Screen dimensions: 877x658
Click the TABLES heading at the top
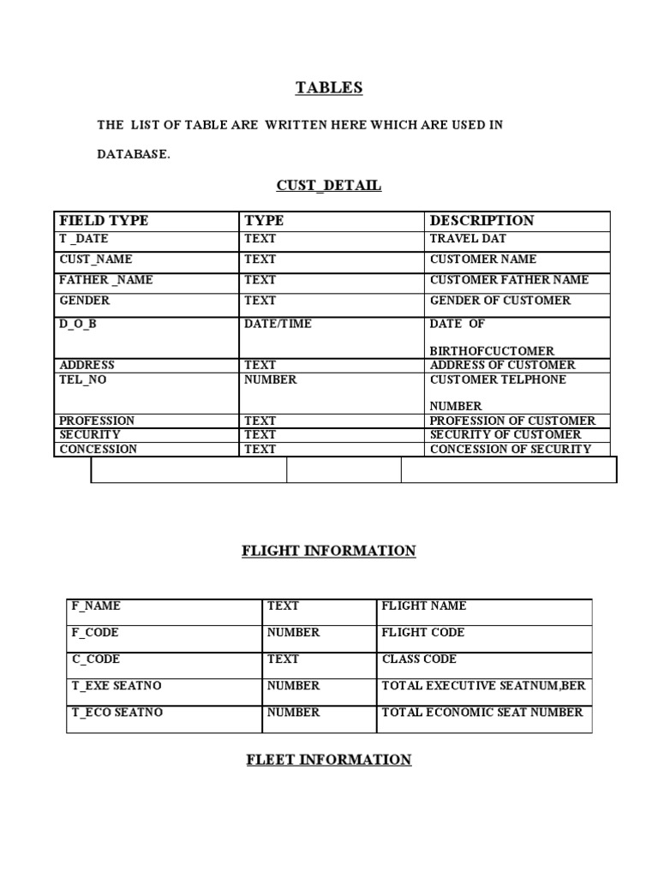coord(329,87)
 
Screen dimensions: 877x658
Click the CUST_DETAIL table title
coord(329,185)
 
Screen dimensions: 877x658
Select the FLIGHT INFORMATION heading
coord(329,551)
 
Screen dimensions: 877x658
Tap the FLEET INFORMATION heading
coord(329,760)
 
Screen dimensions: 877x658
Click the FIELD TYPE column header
coord(104,221)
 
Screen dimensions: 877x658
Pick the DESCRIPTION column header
coord(482,221)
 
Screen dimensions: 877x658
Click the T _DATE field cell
coord(84,240)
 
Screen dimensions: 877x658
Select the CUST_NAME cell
coord(96,260)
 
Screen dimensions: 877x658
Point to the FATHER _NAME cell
coord(106,280)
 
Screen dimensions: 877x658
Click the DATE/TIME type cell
coord(278,324)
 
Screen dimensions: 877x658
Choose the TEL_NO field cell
coord(83,379)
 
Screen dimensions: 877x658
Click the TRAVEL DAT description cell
coord(468,240)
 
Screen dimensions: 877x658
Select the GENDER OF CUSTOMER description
coord(499,301)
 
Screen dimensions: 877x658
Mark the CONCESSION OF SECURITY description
coord(510,449)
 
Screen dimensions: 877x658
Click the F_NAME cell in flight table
coord(96,606)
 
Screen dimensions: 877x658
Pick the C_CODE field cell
coord(96,659)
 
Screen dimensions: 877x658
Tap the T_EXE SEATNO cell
coord(117,685)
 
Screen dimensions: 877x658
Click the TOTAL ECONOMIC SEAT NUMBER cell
coord(482,712)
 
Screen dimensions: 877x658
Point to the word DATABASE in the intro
coord(134,154)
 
